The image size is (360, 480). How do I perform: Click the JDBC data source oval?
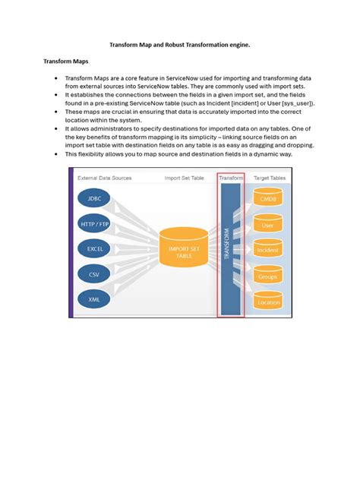(94, 199)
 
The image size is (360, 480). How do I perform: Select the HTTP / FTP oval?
(94, 224)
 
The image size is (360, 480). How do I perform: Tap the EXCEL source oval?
(94, 249)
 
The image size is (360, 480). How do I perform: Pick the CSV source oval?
(94, 274)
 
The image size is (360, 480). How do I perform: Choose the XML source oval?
(94, 298)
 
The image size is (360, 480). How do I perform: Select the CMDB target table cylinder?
(267, 199)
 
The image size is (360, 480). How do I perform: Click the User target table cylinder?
(267, 224)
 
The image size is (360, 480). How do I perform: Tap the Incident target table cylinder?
(267, 249)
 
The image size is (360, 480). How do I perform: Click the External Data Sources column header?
(104, 178)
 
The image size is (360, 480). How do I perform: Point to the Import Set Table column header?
(185, 178)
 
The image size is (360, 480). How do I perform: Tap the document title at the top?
(180, 45)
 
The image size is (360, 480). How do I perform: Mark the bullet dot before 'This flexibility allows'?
(57, 153)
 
